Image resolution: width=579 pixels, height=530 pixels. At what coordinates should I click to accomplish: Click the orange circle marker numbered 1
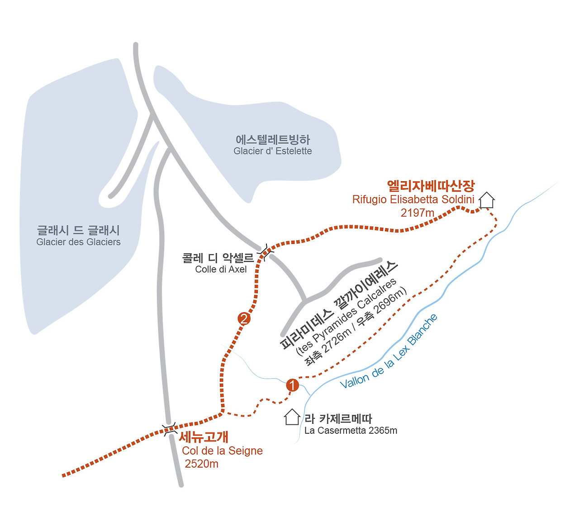[293, 385]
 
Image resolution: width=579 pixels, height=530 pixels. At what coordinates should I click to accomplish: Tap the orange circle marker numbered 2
[244, 319]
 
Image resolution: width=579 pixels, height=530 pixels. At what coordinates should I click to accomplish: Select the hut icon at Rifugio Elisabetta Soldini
[487, 200]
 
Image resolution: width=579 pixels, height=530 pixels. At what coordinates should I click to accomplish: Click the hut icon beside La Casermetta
[292, 417]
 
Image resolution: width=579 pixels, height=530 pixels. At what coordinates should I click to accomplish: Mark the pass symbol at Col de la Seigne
[170, 429]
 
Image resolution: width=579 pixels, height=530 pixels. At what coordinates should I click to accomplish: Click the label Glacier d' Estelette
[272, 151]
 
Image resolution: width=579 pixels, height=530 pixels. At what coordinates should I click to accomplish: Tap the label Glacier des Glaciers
[78, 242]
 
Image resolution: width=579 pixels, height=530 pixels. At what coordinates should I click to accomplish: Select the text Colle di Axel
[221, 269]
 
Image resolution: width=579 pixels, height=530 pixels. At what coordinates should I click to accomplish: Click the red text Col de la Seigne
[222, 450]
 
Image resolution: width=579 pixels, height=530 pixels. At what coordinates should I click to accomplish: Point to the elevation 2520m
[201, 464]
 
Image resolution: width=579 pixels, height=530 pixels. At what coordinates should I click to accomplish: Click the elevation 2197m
[417, 212]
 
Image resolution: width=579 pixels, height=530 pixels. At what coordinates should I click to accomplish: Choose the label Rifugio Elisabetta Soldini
[413, 199]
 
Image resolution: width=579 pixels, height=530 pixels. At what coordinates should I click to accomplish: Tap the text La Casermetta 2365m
[351, 431]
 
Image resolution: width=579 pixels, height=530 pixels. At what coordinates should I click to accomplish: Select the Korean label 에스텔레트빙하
[272, 140]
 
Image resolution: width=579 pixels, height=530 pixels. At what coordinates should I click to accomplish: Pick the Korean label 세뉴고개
[204, 437]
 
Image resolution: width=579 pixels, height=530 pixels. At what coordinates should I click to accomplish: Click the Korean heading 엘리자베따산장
[431, 186]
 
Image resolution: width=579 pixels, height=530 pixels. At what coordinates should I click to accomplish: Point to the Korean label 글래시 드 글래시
[78, 230]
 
